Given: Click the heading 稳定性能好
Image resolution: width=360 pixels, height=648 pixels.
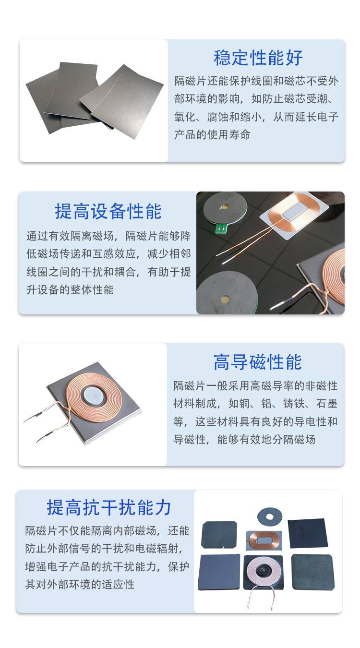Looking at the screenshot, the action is click(258, 58).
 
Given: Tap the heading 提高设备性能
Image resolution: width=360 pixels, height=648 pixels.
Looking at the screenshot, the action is click(108, 211).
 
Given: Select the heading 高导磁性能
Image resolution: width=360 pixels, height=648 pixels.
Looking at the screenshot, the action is click(258, 362).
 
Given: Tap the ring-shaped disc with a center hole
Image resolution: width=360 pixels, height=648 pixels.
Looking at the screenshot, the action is click(270, 516).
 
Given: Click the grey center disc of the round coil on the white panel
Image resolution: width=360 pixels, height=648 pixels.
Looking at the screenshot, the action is click(93, 395).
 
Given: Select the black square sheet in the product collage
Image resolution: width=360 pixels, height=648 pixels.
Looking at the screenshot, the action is click(308, 533).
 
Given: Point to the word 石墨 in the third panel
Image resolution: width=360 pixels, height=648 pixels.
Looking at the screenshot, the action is click(327, 404).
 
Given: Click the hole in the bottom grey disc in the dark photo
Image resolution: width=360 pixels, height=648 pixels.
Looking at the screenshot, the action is click(225, 300).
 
